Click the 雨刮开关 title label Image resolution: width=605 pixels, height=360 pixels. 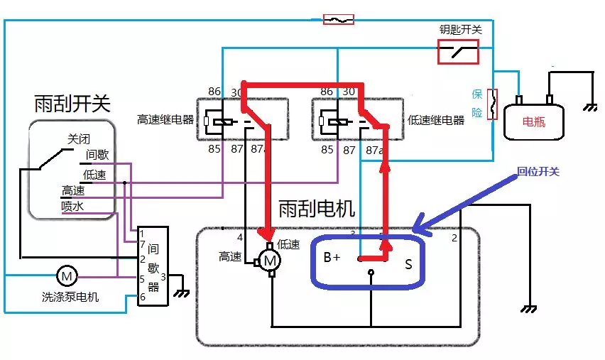point(72,104)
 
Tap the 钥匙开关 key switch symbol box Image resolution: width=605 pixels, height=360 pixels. point(457,51)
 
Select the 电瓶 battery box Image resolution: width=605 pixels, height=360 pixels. point(534,121)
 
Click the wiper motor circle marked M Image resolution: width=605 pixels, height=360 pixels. point(271,261)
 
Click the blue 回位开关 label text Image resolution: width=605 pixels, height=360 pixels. point(538,172)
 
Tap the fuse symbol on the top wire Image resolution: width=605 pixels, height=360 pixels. point(339,19)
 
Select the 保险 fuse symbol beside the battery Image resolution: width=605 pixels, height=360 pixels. point(490,104)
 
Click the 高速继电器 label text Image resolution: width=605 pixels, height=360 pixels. point(165,119)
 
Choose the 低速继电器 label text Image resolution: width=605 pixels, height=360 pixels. point(436,120)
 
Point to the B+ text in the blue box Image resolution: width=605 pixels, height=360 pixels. point(332,258)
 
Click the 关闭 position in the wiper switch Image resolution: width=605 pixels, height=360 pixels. point(80,138)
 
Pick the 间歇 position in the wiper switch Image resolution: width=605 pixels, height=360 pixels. point(97,155)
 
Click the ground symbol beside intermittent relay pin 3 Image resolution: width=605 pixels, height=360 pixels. point(182,290)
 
